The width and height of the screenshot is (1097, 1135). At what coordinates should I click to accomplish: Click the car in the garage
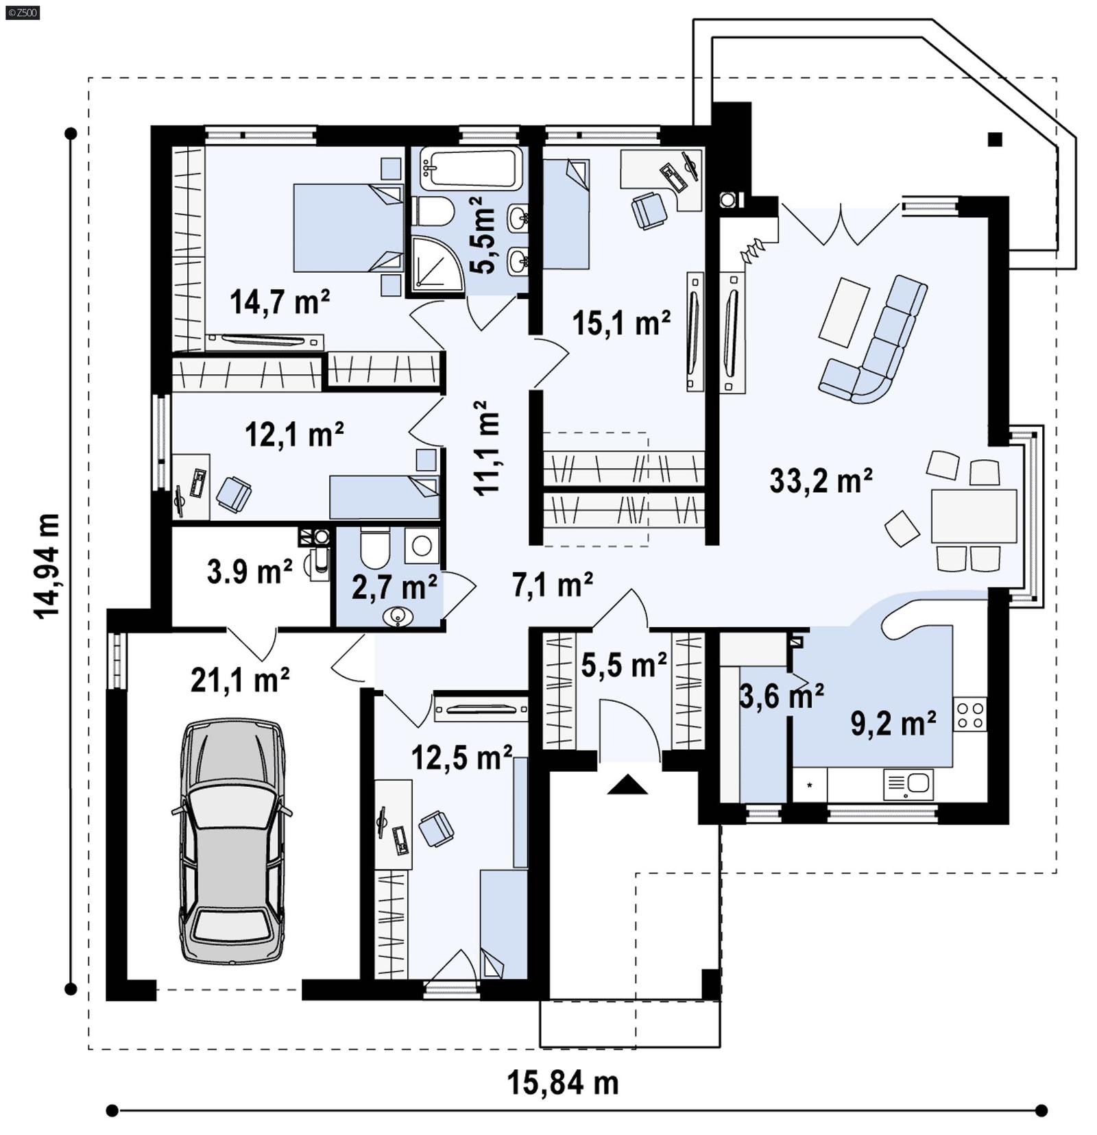coord(232,840)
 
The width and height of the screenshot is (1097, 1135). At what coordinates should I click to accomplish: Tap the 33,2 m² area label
coord(820,480)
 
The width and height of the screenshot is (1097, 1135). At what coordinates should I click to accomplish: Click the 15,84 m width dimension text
coord(562,1083)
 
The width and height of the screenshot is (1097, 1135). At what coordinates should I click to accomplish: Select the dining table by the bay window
coord(973,515)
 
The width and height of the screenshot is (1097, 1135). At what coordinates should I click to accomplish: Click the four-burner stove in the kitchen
coord(970,714)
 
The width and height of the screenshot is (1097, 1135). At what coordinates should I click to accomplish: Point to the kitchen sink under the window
coord(908,783)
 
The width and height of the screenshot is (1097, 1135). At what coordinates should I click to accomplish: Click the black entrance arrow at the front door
coord(627,784)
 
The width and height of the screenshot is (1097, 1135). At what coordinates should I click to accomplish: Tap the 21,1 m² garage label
coord(239,680)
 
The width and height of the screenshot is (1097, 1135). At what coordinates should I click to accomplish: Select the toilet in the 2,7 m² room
coord(374,547)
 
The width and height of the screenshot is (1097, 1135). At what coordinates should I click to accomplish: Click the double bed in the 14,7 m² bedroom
coord(348,228)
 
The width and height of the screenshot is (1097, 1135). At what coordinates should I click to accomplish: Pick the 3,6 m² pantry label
coord(781,696)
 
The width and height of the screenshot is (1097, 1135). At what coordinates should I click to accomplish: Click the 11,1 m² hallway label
coord(486,449)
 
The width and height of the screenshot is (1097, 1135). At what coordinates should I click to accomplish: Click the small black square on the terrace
coord(994,140)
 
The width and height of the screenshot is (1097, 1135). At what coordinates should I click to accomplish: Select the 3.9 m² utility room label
coord(250,572)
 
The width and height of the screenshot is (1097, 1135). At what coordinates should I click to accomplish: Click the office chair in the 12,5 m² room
coord(436,828)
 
